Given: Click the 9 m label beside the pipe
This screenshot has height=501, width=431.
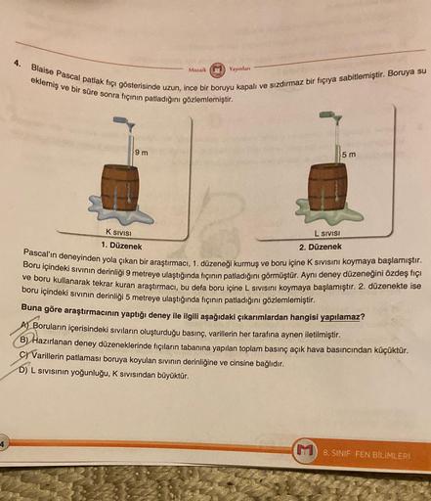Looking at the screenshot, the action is tap(142, 153).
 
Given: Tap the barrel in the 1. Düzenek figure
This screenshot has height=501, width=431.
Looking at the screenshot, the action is tap(120, 188).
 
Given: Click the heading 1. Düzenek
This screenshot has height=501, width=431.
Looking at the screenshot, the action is tap(121, 246).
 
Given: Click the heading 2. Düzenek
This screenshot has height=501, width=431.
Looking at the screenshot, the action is tap(321, 247).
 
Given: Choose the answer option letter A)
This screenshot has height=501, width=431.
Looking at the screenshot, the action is tap(26, 325).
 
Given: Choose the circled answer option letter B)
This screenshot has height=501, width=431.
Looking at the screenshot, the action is tap(25, 340).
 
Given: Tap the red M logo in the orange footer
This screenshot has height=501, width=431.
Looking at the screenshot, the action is tap(305, 453).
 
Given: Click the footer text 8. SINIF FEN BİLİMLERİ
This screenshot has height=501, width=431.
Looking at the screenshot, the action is tap(366, 454).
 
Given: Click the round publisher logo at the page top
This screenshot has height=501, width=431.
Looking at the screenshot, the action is tap(216, 69).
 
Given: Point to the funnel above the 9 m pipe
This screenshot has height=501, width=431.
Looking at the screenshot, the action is tap(131, 126).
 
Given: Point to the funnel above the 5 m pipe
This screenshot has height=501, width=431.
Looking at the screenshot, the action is tap(337, 119).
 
